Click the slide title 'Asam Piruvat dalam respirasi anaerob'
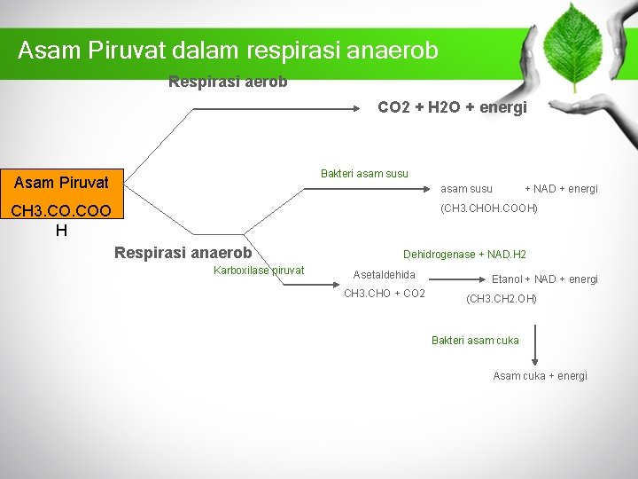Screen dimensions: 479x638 tap(228, 50)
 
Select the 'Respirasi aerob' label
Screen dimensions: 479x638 tap(228, 82)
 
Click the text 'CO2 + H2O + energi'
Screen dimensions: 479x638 tap(452, 107)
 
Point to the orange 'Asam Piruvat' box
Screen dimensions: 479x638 tap(61, 183)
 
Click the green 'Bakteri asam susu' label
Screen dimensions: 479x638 tap(364, 174)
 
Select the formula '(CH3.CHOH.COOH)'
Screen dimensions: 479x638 tap(489, 208)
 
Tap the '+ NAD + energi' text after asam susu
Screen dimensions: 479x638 tap(561, 189)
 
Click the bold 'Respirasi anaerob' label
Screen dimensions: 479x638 tap(183, 252)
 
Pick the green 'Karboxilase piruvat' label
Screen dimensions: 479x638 tap(259, 271)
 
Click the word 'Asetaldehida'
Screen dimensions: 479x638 tap(384, 275)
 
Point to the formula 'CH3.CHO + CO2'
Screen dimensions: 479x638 tap(384, 294)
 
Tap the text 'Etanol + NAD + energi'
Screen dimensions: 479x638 tap(544, 279)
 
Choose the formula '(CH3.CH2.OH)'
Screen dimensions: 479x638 tap(502, 299)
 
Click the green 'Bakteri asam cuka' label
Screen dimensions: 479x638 tap(475, 341)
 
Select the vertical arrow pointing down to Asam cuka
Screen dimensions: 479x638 tap(534, 346)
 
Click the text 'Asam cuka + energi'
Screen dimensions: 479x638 tap(540, 376)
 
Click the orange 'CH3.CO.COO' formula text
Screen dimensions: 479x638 tap(61, 211)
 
